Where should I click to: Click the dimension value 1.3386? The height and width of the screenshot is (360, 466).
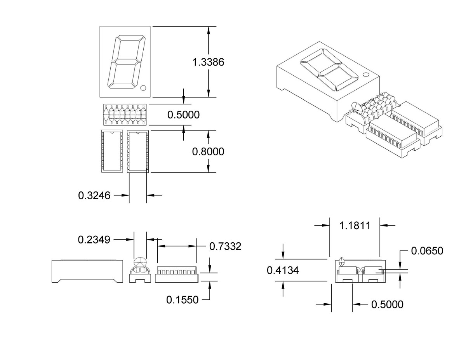[x=209, y=62]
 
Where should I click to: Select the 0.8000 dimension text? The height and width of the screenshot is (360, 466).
[x=208, y=151]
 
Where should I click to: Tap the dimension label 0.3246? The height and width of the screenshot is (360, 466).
[x=94, y=195]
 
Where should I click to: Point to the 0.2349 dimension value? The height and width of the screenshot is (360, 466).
[x=94, y=240]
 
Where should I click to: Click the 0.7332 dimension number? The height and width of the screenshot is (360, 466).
[x=225, y=246]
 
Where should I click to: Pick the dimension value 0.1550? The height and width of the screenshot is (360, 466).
[x=182, y=299]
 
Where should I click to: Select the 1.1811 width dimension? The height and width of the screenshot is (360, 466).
[x=355, y=225]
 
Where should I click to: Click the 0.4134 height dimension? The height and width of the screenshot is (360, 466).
[x=283, y=270]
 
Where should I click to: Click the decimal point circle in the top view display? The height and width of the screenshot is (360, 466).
[x=143, y=88]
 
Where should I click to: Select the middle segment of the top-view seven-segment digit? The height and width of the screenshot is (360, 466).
[x=125, y=61]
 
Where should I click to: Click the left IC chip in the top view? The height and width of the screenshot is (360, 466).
[x=111, y=151]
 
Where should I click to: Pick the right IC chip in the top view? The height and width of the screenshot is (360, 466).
[x=137, y=151]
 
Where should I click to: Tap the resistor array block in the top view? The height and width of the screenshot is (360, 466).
[x=125, y=115]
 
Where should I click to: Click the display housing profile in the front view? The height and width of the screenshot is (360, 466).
[x=87, y=271]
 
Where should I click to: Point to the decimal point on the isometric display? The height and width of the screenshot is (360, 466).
[x=365, y=74]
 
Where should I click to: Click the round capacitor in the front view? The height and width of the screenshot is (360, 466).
[x=140, y=263]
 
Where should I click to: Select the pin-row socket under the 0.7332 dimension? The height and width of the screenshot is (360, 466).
[x=176, y=274]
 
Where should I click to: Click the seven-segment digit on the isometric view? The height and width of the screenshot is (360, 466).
[x=329, y=70]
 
